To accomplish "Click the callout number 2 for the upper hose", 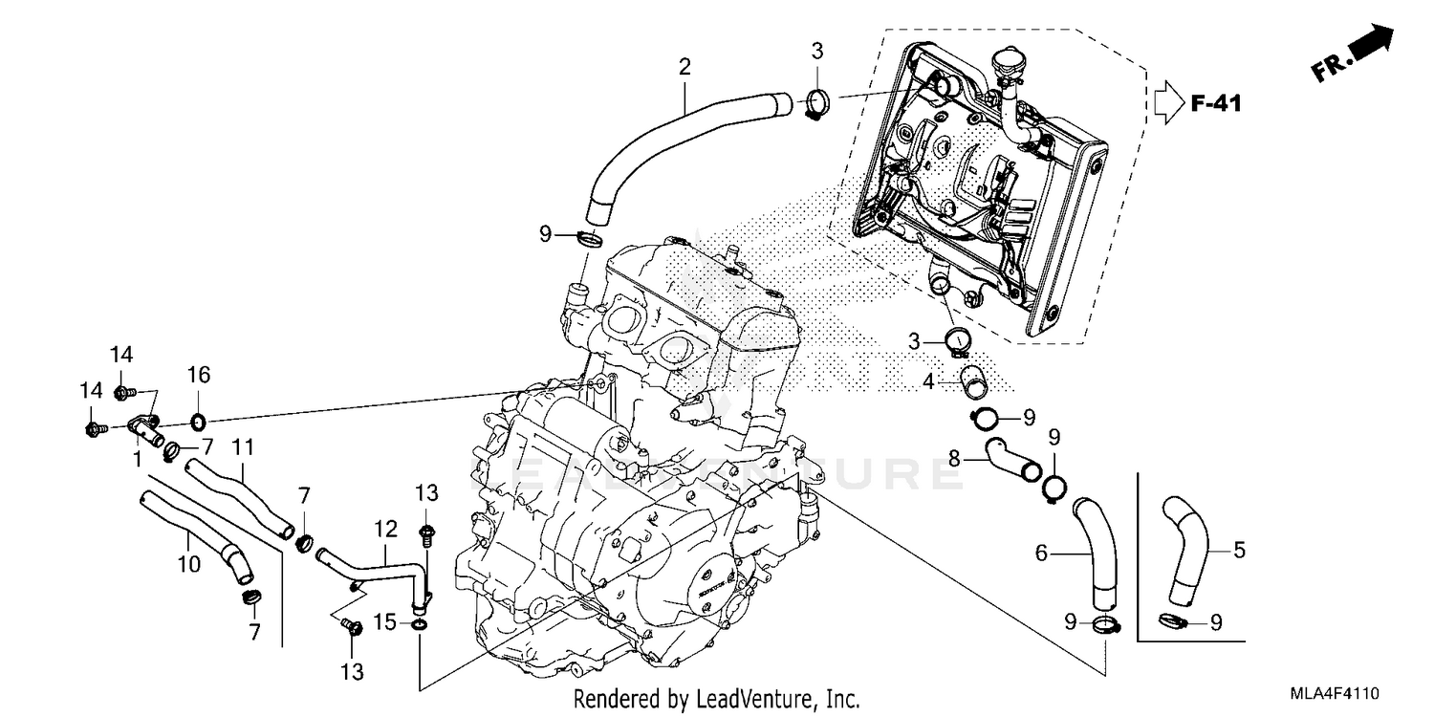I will (x=684, y=67).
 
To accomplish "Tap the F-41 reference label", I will (x=1216, y=102).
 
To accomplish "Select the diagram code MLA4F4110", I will (x=1336, y=692).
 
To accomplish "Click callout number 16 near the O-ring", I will (x=198, y=374).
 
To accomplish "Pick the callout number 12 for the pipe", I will (x=384, y=527).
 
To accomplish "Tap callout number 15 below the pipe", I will (x=384, y=622).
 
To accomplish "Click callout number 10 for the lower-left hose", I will (x=189, y=564).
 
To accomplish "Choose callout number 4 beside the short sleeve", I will (x=927, y=381).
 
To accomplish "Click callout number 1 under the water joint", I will (x=137, y=460).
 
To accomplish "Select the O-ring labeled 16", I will (x=197, y=421).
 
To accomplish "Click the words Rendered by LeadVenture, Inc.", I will (x=717, y=699).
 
